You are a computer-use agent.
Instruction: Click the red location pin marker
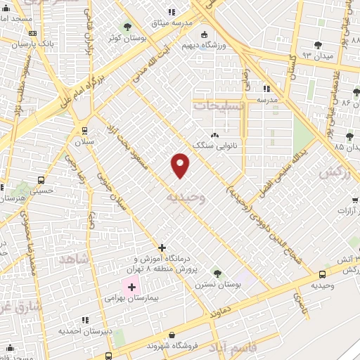coord(180,165)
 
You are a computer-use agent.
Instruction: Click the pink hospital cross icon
coord(131,287)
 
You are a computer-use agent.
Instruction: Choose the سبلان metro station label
coord(84,141)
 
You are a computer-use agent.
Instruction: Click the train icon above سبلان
coord(84,130)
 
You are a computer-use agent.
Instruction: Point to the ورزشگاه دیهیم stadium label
coord(203,45)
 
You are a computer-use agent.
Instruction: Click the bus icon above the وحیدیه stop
coord(322,274)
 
